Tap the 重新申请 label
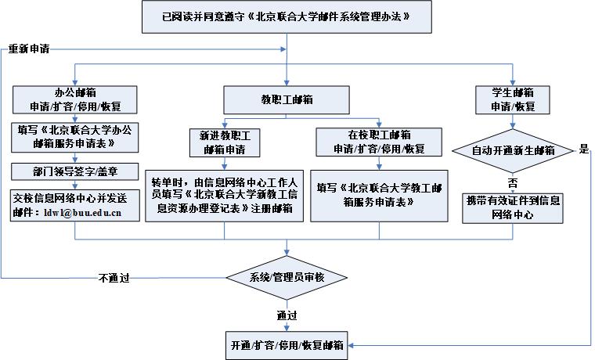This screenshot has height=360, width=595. tap(29, 49)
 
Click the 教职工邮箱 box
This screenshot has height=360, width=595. tap(287, 99)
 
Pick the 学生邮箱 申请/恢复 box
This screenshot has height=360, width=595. tap(513, 98)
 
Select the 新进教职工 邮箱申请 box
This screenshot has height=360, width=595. tap(224, 142)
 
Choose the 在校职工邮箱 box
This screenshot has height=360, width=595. tap(379, 142)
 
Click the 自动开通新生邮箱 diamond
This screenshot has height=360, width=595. tap(513, 149)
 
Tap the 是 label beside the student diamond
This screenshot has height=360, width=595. tap(582, 149)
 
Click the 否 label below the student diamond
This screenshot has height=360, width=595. tap(512, 181)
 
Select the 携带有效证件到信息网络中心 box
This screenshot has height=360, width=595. tap(513, 207)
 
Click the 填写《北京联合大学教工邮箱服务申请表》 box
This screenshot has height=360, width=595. tap(379, 195)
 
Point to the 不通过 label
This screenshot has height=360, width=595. tap(114, 278)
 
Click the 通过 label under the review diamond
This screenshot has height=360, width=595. tap(287, 315)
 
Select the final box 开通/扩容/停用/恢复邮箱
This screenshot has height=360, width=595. tap(287, 344)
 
